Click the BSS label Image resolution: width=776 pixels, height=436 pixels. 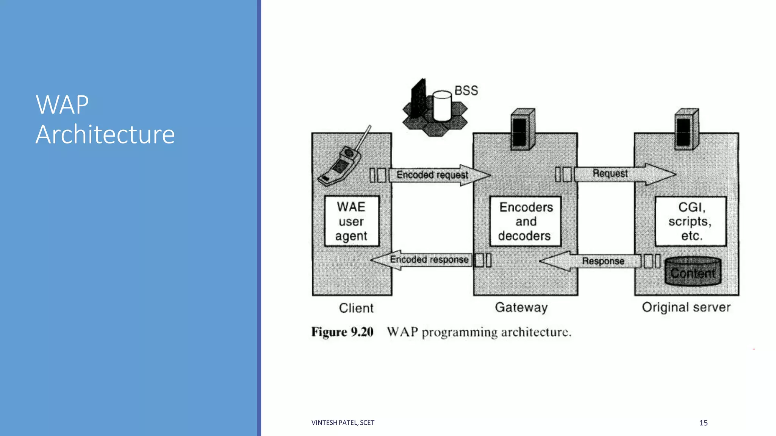(466, 91)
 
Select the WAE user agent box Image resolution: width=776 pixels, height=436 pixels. (352, 221)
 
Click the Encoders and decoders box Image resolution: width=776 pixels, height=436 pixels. (525, 221)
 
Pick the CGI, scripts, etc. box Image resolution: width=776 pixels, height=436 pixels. (690, 221)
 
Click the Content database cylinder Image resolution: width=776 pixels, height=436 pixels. (693, 271)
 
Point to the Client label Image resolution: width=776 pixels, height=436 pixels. (356, 308)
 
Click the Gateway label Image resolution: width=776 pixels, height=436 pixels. (521, 307)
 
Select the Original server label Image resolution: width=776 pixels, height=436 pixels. (686, 307)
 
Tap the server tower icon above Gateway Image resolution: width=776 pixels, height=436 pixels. (523, 129)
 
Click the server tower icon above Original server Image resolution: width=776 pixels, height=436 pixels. (686, 129)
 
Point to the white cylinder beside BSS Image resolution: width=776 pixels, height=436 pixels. (442, 106)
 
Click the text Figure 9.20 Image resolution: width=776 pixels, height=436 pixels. (342, 332)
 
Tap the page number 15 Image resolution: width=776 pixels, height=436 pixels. (703, 423)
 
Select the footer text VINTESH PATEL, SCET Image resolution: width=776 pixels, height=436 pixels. (343, 423)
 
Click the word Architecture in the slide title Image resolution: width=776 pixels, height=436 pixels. (105, 134)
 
